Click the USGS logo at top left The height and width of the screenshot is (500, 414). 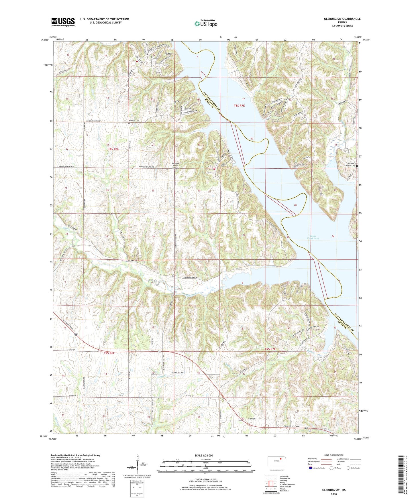point(63,22)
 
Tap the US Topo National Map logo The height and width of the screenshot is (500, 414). point(205,23)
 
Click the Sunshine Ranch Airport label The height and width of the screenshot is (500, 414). point(175,166)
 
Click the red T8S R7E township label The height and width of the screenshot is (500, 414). point(239,105)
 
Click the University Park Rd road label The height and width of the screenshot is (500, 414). point(92,121)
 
